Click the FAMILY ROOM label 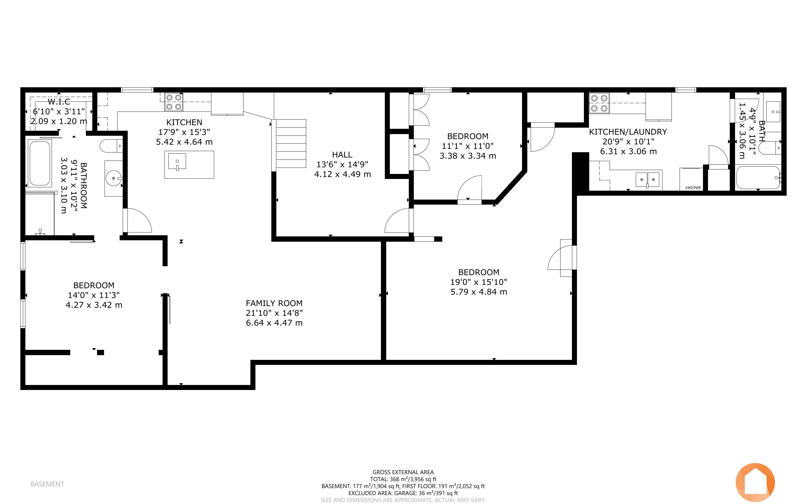pyautogui.click(x=274, y=303)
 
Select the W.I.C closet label pyautogui.click(x=59, y=102)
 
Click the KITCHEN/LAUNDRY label pyautogui.click(x=628, y=132)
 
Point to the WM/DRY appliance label pyautogui.click(x=693, y=187)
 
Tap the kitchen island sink pyautogui.click(x=177, y=162)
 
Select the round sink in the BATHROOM pyautogui.click(x=114, y=178)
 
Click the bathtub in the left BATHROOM pyautogui.click(x=40, y=163)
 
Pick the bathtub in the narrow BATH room pyautogui.click(x=758, y=178)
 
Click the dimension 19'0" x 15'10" pyautogui.click(x=479, y=282)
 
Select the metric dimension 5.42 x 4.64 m pyautogui.click(x=184, y=142)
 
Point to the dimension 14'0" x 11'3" pyautogui.click(x=94, y=295)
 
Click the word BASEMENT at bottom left pyautogui.click(x=47, y=484)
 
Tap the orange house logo pyautogui.click(x=755, y=483)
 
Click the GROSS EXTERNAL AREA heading pyautogui.click(x=403, y=472)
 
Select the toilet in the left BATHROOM pyautogui.click(x=111, y=146)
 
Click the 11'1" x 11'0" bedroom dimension pyautogui.click(x=468, y=146)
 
